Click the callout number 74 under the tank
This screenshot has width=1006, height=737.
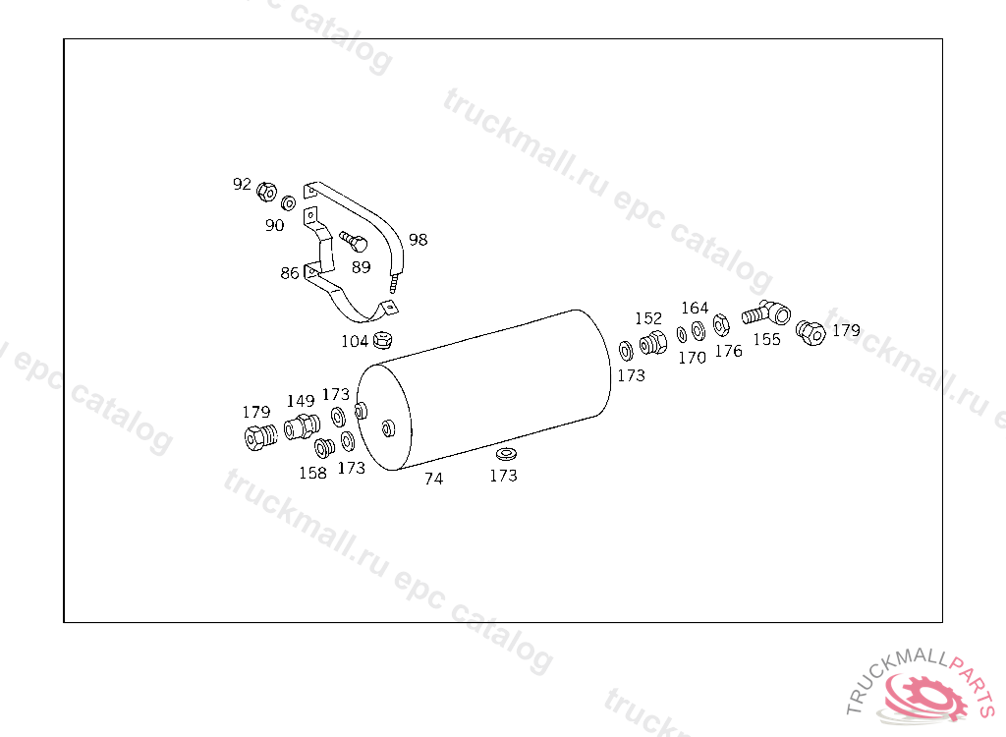click(x=433, y=479)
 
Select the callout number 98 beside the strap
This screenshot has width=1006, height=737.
click(x=419, y=240)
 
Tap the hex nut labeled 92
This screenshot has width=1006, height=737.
click(x=266, y=192)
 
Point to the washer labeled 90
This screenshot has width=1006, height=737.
click(x=289, y=203)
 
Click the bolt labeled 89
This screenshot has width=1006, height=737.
click(x=354, y=242)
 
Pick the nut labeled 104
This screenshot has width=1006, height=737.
click(x=382, y=340)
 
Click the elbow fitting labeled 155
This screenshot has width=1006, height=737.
click(x=766, y=313)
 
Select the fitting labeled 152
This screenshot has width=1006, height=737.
click(x=653, y=342)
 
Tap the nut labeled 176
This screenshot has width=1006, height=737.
click(x=721, y=325)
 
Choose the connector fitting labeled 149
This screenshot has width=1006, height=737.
click(x=302, y=426)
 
